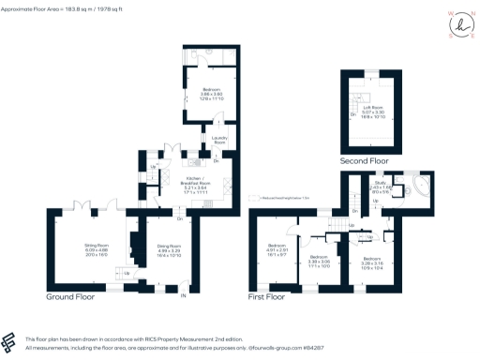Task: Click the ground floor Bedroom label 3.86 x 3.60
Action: pyautogui.click(x=210, y=93)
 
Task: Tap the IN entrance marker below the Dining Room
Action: pyautogui.click(x=184, y=296)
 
